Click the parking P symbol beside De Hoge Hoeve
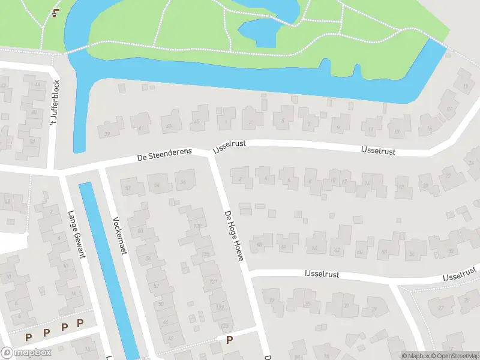229,340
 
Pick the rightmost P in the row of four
80,323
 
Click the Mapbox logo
26,352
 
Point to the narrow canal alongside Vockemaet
108,264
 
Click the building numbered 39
107,133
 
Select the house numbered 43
169,126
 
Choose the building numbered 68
260,244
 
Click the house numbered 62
337,250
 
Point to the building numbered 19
465,86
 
